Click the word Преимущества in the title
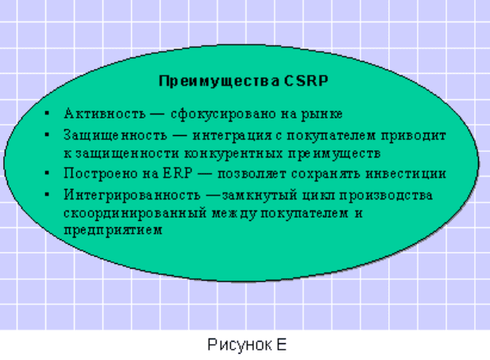coord(218,81)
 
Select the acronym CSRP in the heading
coord(307,81)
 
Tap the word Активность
coord(105,114)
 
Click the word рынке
coord(322,114)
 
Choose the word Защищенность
coord(115,136)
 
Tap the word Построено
coord(101,173)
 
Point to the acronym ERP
coord(178,173)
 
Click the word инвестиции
coord(406,174)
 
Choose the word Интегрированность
coord(132,195)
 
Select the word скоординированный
coord(135,214)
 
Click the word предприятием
coord(113,230)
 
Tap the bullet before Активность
coord(47,113)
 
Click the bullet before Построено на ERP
coord(47,173)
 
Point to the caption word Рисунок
coord(240,345)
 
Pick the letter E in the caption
coord(281,344)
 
